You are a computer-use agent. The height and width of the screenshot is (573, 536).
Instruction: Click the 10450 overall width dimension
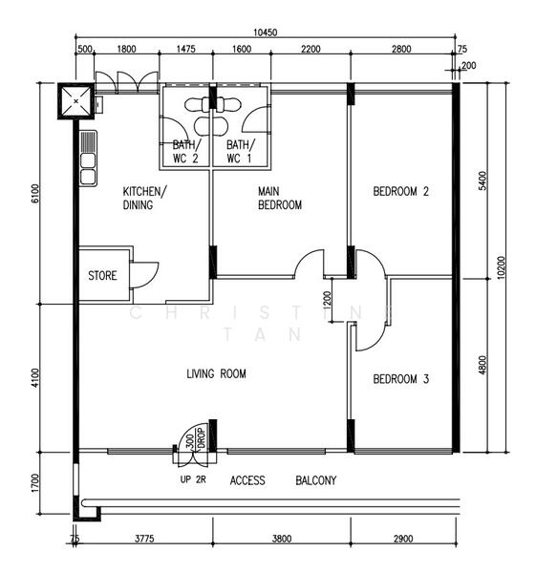coord(265,32)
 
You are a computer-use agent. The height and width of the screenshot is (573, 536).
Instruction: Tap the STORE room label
coord(102,276)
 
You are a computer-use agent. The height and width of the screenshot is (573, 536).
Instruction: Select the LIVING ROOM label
coord(216,373)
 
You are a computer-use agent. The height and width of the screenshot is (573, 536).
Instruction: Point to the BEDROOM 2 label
coord(400,191)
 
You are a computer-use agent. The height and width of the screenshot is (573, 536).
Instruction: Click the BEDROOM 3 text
coord(400,379)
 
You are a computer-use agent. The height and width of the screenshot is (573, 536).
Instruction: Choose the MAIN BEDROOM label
coord(280,198)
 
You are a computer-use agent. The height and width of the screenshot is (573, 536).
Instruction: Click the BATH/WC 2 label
coord(186,152)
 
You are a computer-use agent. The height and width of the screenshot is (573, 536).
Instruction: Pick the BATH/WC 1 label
coord(240,152)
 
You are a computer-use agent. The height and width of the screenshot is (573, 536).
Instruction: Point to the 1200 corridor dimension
coord(327,300)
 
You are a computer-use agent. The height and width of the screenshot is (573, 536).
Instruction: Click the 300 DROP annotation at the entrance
coord(196,438)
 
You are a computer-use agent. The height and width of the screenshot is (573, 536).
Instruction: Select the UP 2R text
coord(193,479)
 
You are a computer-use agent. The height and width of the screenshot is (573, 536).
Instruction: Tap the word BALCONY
coord(316,480)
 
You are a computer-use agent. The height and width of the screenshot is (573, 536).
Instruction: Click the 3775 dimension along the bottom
coord(144,539)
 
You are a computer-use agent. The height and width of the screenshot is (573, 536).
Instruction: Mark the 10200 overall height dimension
coord(501,267)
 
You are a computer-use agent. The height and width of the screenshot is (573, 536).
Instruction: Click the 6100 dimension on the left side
coord(35,194)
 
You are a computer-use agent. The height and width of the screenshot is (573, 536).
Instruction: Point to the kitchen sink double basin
coord(88,159)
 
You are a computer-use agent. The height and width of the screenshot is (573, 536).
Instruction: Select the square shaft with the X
coord(76,101)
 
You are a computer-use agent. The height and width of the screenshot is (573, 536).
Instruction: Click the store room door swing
coord(143,275)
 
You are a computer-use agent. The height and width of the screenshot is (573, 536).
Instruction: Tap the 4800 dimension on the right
coord(482,365)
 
